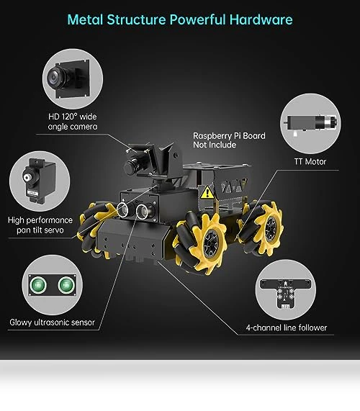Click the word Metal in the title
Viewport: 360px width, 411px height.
[x=85, y=19]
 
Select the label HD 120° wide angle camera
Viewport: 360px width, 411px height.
[x=73, y=122]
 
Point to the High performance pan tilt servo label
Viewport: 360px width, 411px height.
[x=40, y=225]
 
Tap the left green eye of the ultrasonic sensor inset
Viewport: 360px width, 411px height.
[x=38, y=284]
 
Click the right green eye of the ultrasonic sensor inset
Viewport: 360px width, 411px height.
[x=66, y=284]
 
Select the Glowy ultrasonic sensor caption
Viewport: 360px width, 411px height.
[x=52, y=322]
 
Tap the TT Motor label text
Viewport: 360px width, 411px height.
[x=310, y=161]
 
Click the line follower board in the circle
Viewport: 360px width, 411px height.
[x=285, y=293]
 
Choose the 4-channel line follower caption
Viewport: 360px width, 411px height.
[x=287, y=328]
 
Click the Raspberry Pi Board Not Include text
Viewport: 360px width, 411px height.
[x=229, y=140]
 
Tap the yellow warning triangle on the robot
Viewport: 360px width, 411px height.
[x=207, y=192]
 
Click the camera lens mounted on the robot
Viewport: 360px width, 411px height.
[x=130, y=166]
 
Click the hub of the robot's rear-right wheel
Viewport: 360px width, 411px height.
[x=270, y=229]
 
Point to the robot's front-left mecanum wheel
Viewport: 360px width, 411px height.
[x=96, y=229]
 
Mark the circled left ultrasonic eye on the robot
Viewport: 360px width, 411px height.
[x=122, y=209]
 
